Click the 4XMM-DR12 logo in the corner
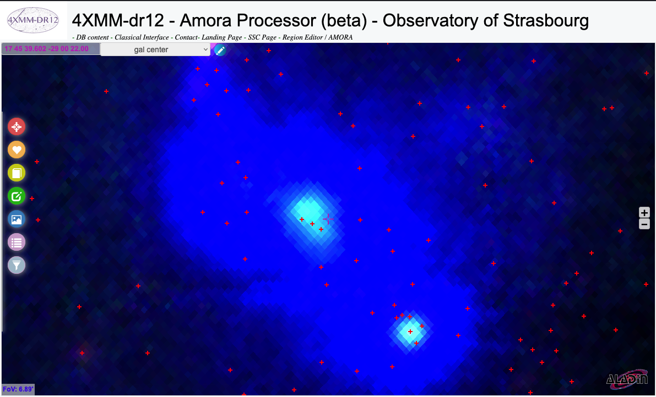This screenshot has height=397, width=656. point(33,20)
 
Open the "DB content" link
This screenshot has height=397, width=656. point(93,37)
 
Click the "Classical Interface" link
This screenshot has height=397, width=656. point(142,37)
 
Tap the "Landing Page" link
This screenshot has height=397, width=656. point(222,37)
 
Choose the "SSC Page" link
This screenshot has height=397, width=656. point(262,37)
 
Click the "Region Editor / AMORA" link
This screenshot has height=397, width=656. point(318,37)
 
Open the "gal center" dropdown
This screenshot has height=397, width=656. point(155,49)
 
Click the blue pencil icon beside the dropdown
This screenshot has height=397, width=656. point(220,50)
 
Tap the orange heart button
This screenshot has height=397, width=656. point(17,150)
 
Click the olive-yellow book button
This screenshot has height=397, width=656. point(17,173)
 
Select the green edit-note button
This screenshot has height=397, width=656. point(17,196)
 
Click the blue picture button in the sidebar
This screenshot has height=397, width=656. point(17,219)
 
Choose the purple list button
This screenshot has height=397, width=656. point(17,242)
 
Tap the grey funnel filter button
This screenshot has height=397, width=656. point(17,265)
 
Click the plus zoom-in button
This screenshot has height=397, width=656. point(644,212)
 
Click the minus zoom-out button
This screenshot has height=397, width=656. point(644,224)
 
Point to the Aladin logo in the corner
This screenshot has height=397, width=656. point(627,378)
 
